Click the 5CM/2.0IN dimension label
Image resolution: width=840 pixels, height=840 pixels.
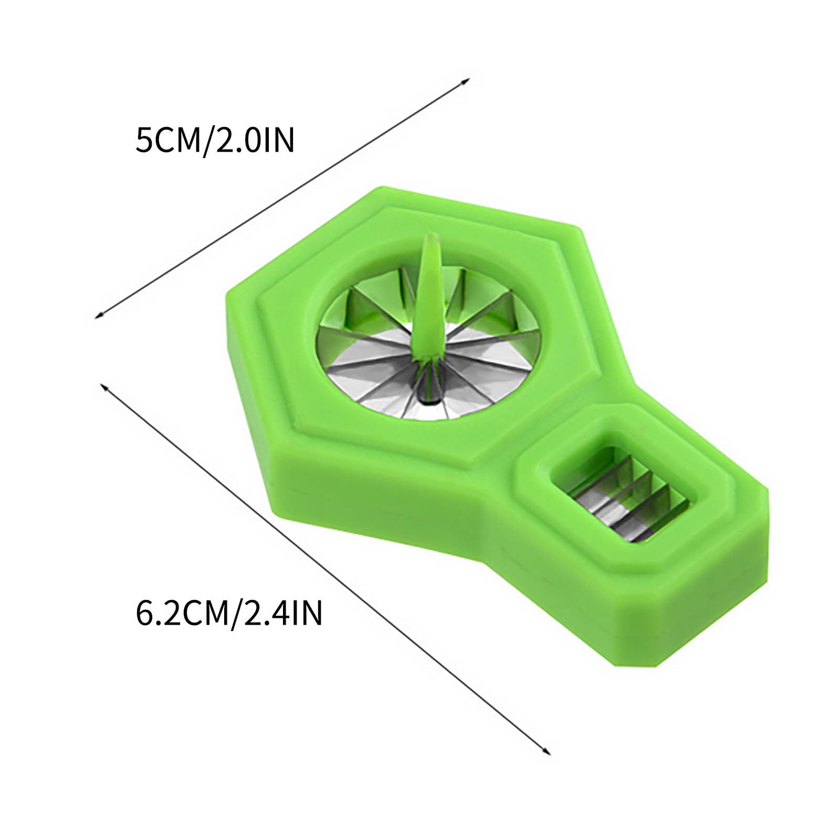215,141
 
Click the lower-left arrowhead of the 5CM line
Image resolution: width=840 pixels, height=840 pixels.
98,315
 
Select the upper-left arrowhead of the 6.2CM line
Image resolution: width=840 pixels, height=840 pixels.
103,386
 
